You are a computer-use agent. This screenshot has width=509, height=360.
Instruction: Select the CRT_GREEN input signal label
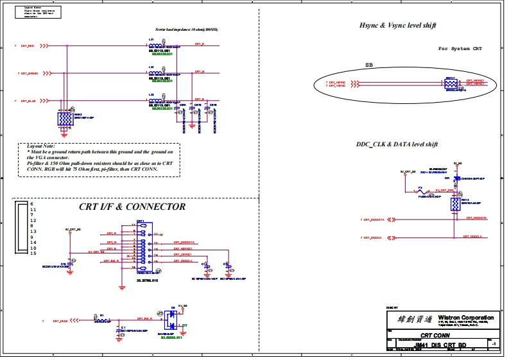click(x=30, y=74)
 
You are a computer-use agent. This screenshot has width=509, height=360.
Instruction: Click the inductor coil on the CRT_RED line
click(x=155, y=44)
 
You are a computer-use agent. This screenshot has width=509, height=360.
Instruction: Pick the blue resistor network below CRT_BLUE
click(x=64, y=119)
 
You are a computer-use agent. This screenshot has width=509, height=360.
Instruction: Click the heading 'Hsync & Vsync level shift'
click(x=398, y=25)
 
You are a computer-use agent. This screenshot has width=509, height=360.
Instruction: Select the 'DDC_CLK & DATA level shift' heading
click(x=397, y=144)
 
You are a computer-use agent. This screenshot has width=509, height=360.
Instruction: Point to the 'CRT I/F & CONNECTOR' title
click(x=132, y=207)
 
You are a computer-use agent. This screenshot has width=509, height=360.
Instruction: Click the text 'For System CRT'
click(x=460, y=49)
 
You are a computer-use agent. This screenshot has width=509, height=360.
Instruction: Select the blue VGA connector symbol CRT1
click(x=140, y=248)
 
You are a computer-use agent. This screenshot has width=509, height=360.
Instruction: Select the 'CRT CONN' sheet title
click(x=434, y=336)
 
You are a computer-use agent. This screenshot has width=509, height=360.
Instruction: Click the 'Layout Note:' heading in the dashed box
click(x=39, y=146)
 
